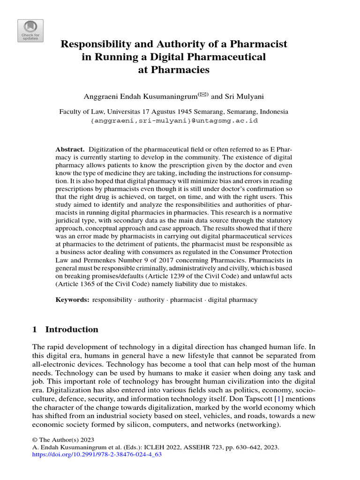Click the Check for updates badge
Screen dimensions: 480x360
pos(30,31)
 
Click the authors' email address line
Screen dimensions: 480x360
pos(174,120)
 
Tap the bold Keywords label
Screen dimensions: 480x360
pos(72,300)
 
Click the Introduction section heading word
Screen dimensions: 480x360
pos(72,330)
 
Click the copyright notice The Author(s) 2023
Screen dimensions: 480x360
pos(63,440)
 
